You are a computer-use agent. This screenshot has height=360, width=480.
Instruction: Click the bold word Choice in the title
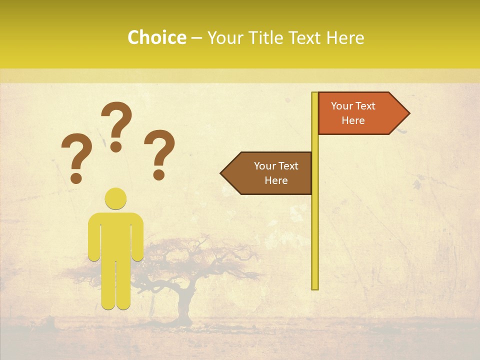[x=156, y=37]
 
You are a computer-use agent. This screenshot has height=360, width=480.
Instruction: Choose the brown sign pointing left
[x=270, y=173]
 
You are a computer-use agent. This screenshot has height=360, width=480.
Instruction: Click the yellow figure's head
[x=115, y=198]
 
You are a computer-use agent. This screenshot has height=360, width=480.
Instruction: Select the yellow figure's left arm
[x=94, y=240]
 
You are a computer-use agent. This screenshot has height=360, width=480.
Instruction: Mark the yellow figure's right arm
[x=137, y=240]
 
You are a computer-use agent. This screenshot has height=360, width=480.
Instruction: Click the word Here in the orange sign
[x=353, y=120]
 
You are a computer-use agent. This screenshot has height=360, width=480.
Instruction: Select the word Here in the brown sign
[x=276, y=180]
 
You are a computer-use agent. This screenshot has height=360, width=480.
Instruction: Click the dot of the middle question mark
[x=116, y=146]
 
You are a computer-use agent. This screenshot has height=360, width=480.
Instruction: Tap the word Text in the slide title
[x=306, y=37]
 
